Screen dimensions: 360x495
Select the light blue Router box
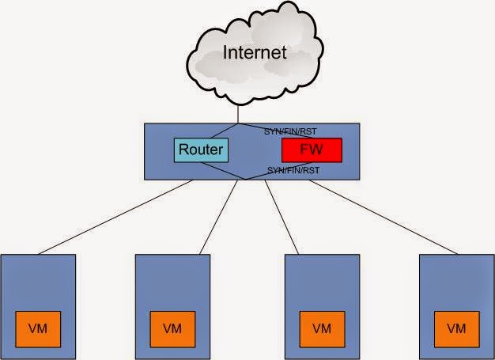pos(200,150)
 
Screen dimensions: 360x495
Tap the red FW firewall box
pos(311,150)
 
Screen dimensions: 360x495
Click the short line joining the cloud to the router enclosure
pos(247,113)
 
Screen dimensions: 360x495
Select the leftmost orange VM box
pos(38,328)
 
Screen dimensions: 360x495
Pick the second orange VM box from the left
pos(172,328)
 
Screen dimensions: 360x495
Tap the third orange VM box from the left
pos(322,328)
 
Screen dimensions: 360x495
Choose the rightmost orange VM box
pos(456,328)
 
